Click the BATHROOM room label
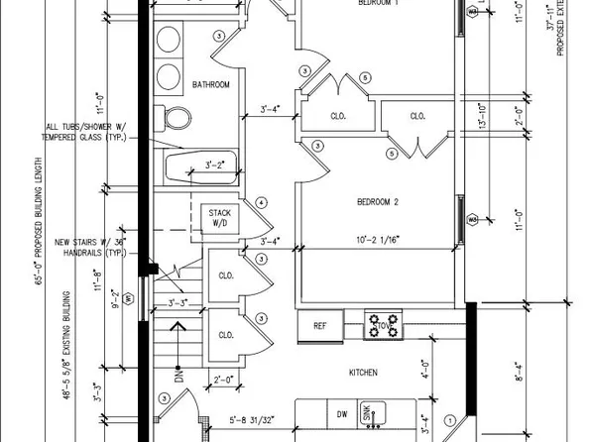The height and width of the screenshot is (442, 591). [x=211, y=85]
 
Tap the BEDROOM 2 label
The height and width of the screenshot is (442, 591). [x=377, y=203]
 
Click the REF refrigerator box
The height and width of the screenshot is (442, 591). [x=320, y=325]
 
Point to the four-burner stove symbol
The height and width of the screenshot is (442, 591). [x=383, y=324]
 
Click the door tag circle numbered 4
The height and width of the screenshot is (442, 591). [x=261, y=202]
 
